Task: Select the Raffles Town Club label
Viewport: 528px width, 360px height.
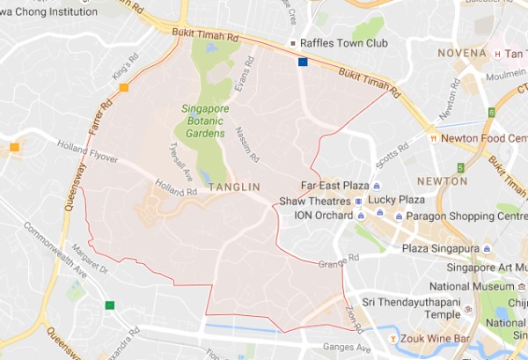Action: click(336, 42)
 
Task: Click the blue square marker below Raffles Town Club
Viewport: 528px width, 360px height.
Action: click(303, 62)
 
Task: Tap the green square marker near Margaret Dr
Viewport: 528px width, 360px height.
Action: click(109, 305)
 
